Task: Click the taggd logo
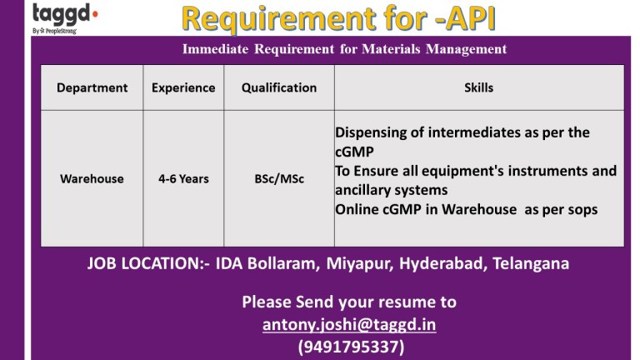tap(65, 14)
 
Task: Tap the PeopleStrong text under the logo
tap(61, 31)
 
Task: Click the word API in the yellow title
tap(471, 18)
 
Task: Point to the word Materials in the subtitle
tap(391, 49)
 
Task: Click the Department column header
tap(92, 87)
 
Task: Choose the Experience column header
tap(183, 87)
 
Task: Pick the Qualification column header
tap(279, 87)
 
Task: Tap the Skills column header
tap(479, 87)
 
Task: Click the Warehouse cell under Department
tap(92, 179)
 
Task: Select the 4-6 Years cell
tap(183, 179)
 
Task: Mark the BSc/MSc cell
tap(279, 179)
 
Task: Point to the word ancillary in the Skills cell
tap(362, 190)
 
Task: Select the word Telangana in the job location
tap(531, 263)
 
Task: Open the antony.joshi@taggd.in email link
tap(349, 325)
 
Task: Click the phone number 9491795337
tap(351, 347)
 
